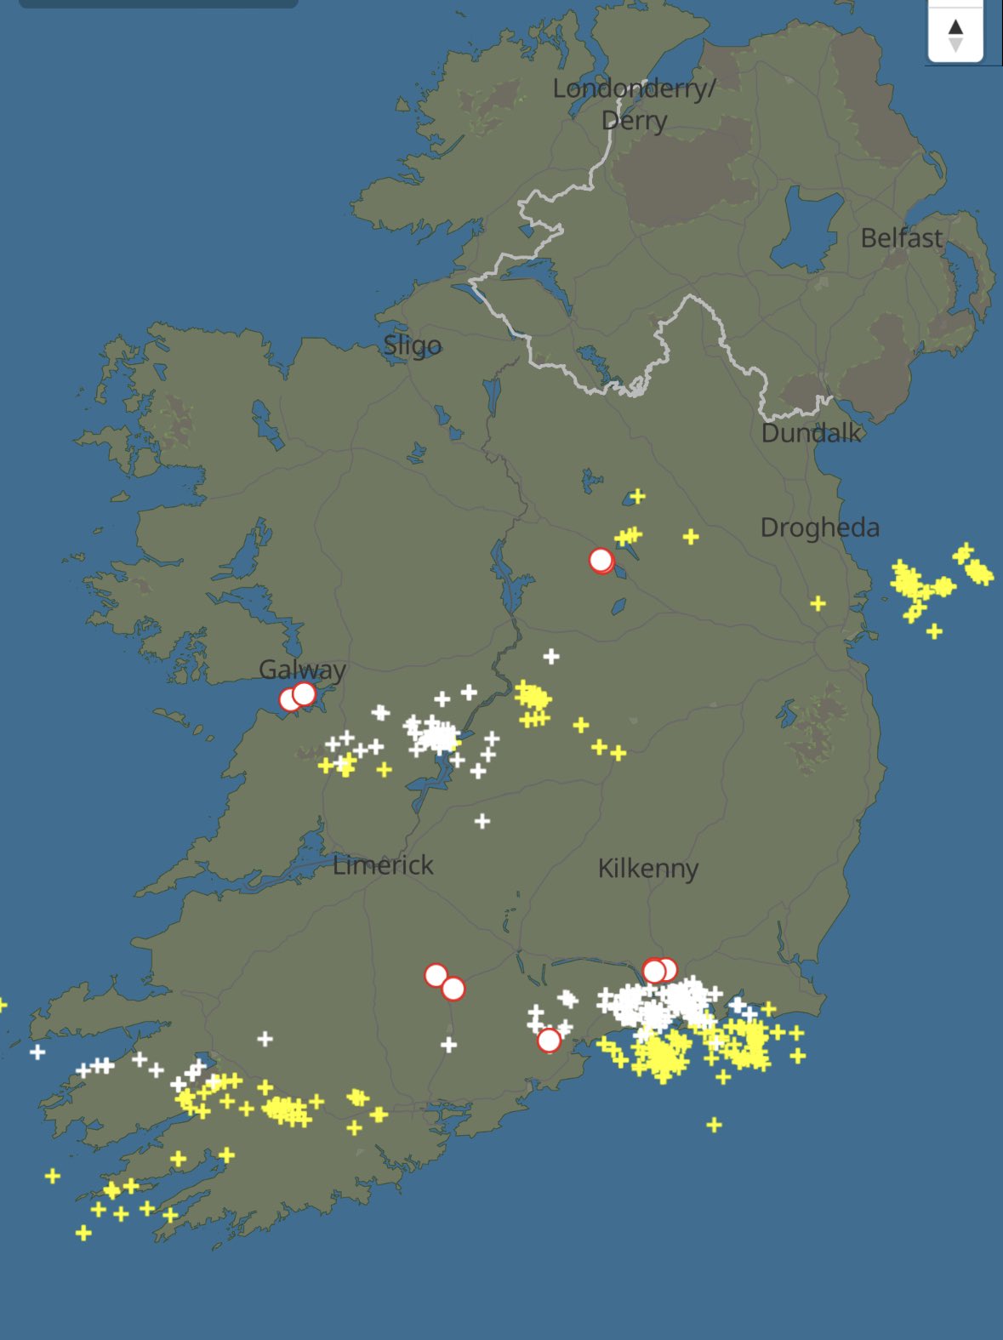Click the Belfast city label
(901, 238)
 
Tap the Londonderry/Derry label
(634, 104)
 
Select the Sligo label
(412, 345)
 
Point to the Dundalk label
(811, 433)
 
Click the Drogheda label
(819, 527)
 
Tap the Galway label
(302, 670)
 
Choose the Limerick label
(383, 865)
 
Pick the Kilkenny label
(647, 869)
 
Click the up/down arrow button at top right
(955, 35)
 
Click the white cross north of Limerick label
(482, 821)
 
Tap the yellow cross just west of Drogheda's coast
(818, 603)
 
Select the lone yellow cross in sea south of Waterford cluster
(714, 1125)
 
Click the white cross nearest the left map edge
(37, 1052)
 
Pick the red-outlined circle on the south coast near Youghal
(550, 1040)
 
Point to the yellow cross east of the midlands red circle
(691, 536)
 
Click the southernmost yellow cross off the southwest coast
(83, 1232)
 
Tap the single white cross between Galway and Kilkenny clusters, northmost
(551, 656)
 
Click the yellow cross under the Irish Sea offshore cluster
(934, 631)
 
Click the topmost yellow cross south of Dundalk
(637, 496)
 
